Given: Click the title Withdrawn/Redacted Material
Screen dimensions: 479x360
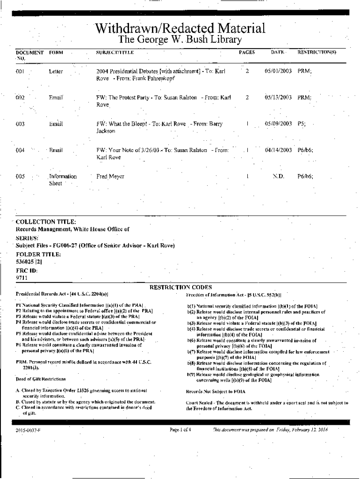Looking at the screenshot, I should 180,29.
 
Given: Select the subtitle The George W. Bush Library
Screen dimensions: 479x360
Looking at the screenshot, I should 180,41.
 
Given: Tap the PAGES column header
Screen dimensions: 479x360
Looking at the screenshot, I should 247,52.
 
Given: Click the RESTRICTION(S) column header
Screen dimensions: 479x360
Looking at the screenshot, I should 317,52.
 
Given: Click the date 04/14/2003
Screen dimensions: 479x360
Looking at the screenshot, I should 278,150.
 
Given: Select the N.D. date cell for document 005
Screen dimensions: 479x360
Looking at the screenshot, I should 278,177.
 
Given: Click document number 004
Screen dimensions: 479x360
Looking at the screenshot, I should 20,150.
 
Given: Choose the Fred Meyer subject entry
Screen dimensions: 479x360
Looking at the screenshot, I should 110,177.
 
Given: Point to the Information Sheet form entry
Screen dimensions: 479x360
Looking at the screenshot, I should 63,180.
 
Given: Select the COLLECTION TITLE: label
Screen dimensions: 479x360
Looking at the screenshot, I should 46,222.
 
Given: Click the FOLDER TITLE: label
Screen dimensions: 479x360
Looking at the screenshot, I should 38,254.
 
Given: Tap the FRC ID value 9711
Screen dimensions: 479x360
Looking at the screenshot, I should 22,278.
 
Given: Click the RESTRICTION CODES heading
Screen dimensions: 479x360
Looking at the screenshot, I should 180,287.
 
